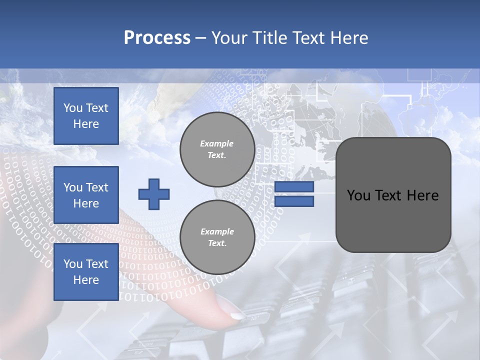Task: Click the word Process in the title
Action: [x=157, y=38]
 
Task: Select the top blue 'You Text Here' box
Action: [x=86, y=116]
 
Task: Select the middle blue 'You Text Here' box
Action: [x=86, y=195]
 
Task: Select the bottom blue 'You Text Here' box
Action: [x=86, y=272]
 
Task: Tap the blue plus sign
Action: [x=154, y=194]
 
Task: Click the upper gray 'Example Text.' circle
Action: [x=217, y=149]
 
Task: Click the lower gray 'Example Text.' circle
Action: [x=217, y=237]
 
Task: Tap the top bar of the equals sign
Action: [x=294, y=187]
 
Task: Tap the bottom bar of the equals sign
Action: [x=294, y=201]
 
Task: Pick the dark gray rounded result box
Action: [x=393, y=195]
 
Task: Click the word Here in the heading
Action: [x=349, y=38]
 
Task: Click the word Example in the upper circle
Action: [x=217, y=143]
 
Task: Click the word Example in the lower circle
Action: [x=217, y=231]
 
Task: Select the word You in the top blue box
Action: [x=73, y=108]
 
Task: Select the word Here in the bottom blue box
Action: [x=86, y=280]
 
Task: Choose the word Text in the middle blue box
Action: [x=97, y=187]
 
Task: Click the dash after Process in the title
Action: [x=201, y=38]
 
